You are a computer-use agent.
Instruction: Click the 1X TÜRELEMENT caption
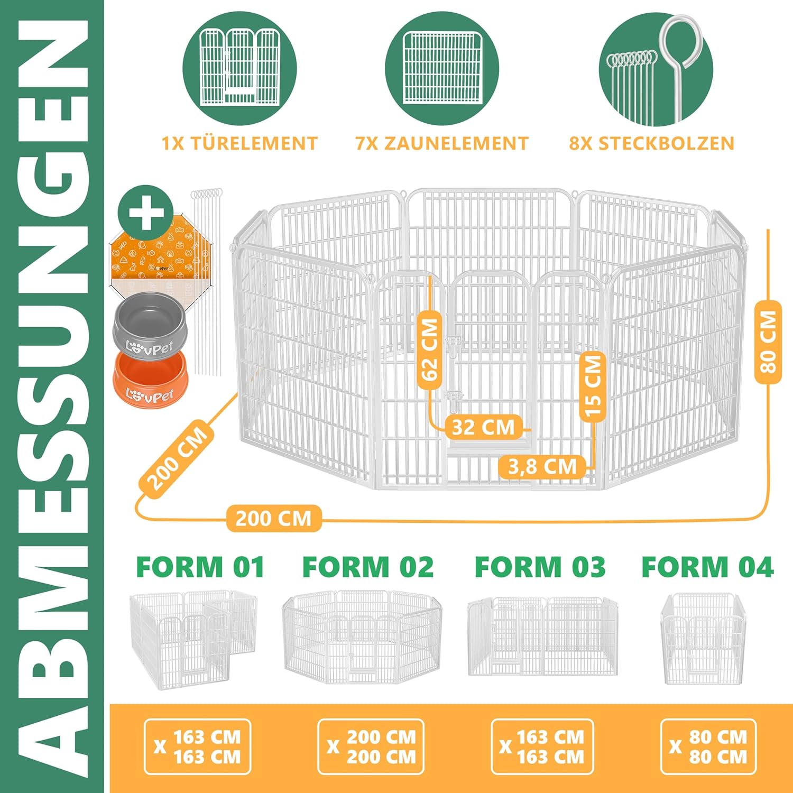click(239, 143)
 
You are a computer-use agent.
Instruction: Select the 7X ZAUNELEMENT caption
click(442, 143)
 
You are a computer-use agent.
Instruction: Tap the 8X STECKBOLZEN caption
click(652, 143)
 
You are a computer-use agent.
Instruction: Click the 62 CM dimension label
click(430, 349)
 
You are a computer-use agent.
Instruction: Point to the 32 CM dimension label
click(484, 427)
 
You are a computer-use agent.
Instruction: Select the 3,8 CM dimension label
click(542, 467)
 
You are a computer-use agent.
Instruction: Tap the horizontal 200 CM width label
click(274, 518)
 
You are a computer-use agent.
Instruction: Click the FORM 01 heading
click(200, 567)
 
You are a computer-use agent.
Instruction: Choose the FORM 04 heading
click(707, 567)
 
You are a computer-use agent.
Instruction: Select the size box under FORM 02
click(371, 746)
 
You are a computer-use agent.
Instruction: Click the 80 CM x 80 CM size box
click(708, 746)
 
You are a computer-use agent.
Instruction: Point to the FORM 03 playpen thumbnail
click(542, 636)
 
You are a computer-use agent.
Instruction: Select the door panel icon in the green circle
click(239, 66)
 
